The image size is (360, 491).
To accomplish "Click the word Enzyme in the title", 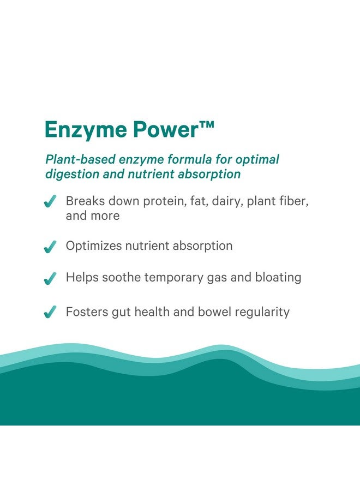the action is click(x=86, y=130).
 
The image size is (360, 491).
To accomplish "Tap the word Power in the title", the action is click(x=166, y=129).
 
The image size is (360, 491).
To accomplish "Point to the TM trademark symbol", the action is click(x=207, y=124).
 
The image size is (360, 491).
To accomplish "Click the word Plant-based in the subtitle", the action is click(x=81, y=159).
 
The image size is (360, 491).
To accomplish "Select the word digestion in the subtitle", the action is click(x=71, y=175).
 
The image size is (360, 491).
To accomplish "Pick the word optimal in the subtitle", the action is click(x=257, y=160).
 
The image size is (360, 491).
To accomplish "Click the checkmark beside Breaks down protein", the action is click(x=50, y=201).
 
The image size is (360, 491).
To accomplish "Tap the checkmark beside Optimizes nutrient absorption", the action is click(x=50, y=247).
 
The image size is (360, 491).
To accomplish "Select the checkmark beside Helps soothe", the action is click(x=50, y=278).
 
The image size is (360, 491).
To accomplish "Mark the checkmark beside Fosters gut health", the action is click(x=50, y=312).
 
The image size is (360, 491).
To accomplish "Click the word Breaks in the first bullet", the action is click(x=85, y=201).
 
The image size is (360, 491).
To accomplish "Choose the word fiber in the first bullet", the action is click(x=294, y=201).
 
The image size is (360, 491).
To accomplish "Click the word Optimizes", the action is click(x=94, y=246).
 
